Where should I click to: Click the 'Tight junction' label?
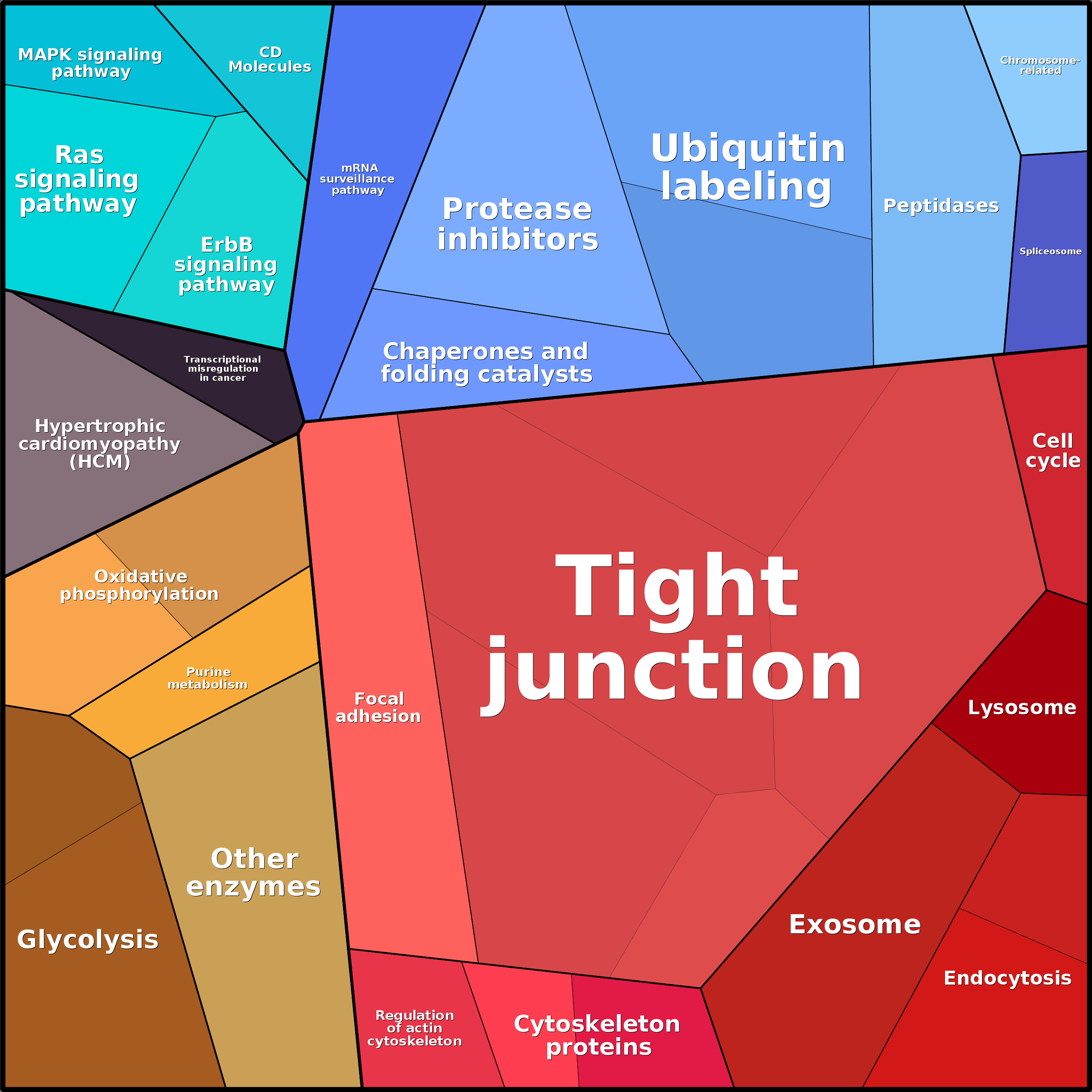(x=673, y=627)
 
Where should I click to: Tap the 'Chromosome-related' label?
(x=1040, y=66)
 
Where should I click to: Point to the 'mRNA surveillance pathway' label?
(x=357, y=179)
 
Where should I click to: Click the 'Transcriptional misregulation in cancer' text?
(x=222, y=369)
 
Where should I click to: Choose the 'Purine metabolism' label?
(x=208, y=678)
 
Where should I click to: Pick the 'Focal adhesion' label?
(x=378, y=708)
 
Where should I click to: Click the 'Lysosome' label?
(x=1022, y=708)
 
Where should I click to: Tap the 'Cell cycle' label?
(x=1052, y=450)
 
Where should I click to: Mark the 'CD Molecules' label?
(x=270, y=60)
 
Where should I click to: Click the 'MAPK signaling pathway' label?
(x=90, y=63)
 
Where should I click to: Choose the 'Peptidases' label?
(x=941, y=206)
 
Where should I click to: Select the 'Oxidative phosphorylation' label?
(x=140, y=585)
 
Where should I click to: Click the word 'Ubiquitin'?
(x=748, y=149)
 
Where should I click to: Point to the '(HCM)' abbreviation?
(x=100, y=462)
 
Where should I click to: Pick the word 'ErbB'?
(x=226, y=245)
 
